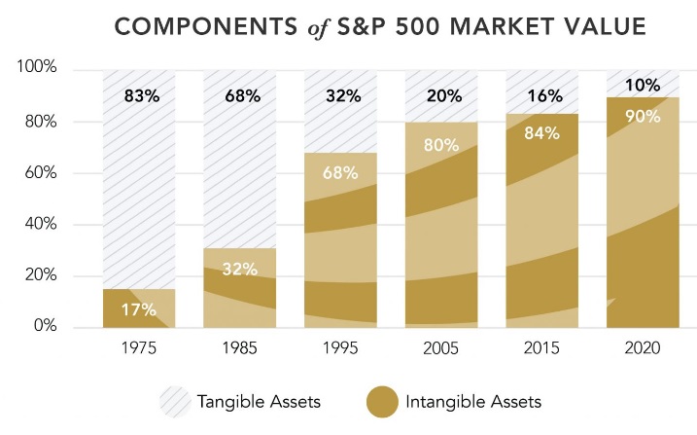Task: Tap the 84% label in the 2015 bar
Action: click(x=541, y=132)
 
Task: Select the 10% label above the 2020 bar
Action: click(x=643, y=86)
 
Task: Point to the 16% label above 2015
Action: click(x=542, y=97)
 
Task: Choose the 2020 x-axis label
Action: click(x=643, y=348)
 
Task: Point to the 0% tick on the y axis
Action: click(x=48, y=327)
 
